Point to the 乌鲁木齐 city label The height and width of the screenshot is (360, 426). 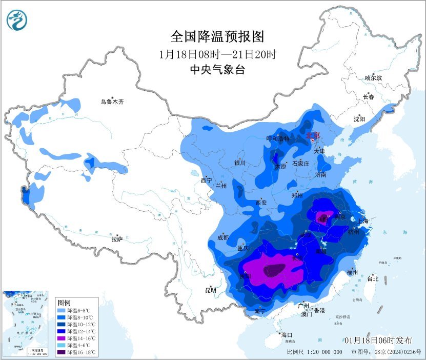112,102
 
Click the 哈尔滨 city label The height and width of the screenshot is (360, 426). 373,78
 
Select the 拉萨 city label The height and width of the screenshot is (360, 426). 117,238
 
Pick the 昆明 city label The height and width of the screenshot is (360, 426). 211,290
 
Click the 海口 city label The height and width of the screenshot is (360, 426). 288,335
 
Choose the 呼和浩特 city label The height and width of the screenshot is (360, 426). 278,139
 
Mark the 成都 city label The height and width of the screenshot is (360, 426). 222,237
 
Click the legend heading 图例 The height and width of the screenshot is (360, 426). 64,302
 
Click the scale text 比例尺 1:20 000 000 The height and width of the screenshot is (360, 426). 314,352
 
